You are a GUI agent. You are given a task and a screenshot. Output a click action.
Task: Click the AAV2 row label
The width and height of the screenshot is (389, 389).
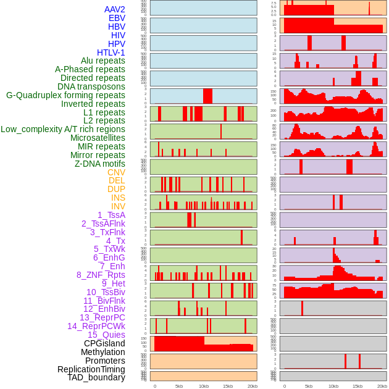coord(114,9)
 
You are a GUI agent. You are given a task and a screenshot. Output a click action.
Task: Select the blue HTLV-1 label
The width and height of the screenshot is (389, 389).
coord(111,52)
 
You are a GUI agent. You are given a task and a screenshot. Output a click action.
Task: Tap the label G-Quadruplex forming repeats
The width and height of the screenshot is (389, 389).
coord(65,95)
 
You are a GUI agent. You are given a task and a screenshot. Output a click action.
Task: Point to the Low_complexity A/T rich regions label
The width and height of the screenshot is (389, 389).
coord(63,129)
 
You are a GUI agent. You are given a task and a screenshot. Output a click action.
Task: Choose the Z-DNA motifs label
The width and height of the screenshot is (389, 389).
coord(99,164)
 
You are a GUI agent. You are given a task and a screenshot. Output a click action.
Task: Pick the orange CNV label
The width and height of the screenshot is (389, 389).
coord(116,172)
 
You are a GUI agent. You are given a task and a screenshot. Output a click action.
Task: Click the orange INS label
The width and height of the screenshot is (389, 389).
coord(118,198)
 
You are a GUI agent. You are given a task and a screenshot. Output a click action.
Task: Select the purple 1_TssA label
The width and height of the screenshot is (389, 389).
coord(111,215)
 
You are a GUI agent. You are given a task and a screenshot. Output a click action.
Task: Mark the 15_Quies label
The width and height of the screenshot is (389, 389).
coord(106,335)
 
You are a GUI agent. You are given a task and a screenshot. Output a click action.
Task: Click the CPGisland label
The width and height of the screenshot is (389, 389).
coord(104,343)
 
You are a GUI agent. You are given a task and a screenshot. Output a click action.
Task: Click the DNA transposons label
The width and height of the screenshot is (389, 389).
coord(91,86)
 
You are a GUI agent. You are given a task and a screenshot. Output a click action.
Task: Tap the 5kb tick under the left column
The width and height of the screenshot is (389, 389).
coord(179,386)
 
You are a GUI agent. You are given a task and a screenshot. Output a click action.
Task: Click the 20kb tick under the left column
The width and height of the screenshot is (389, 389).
coord(253,386)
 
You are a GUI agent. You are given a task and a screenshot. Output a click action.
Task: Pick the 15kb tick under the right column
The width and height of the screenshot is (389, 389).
coord(358,386)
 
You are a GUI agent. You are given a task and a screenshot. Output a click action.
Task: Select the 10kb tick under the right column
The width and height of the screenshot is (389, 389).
coord(333,386)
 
